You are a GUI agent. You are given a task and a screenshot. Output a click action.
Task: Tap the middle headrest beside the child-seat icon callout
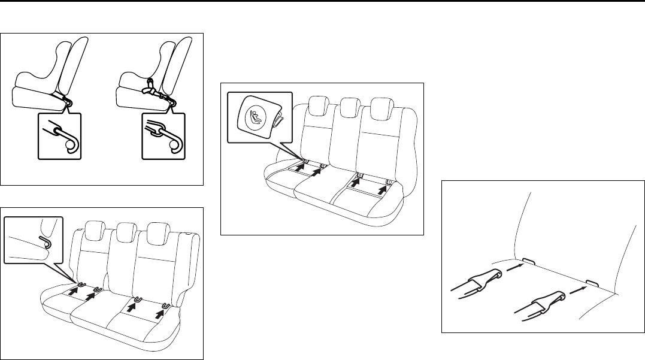pos(347,107)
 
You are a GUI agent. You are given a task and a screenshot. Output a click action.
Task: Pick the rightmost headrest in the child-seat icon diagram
pos(381,108)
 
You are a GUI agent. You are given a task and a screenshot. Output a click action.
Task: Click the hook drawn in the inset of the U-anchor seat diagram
pos(44,242)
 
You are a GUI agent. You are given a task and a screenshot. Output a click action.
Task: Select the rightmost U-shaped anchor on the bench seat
pos(165,307)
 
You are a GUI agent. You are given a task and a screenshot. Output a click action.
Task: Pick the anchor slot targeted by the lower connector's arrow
pos(591,281)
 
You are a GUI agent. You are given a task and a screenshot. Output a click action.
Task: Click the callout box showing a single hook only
pos(60,134)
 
